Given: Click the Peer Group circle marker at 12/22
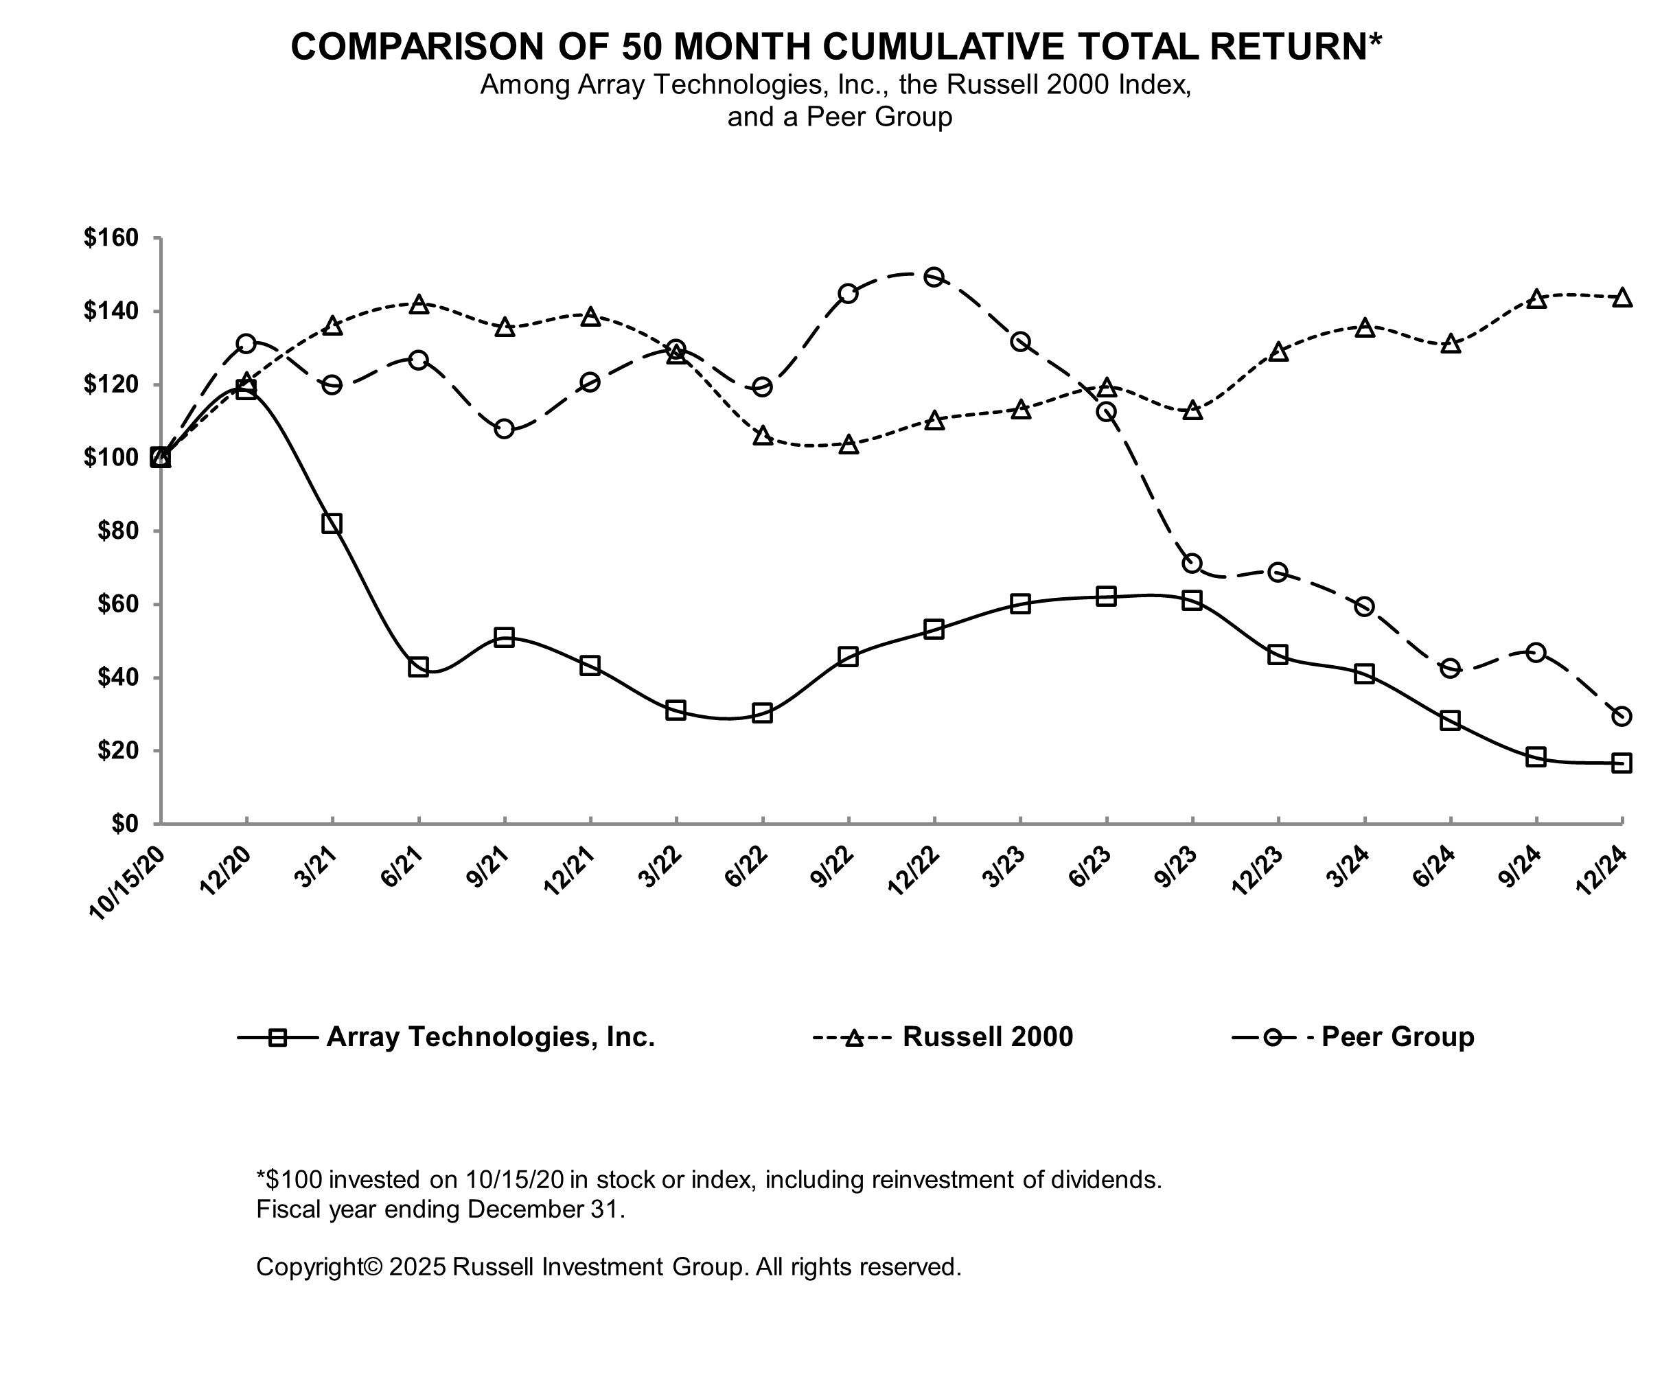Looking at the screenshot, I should point(934,277).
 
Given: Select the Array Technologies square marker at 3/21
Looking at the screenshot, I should point(332,523).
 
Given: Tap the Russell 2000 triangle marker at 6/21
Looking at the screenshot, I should point(418,304).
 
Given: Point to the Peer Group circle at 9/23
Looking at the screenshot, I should point(1192,563).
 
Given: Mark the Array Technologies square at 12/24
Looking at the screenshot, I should point(1622,763).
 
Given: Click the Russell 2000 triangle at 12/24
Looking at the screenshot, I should point(1622,298).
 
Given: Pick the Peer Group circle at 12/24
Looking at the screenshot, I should point(1622,716).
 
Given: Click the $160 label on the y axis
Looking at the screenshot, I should point(111,238).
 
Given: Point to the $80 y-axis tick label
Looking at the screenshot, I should point(117,531).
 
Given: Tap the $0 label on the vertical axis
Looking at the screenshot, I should point(124,824).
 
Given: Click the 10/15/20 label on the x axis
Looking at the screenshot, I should point(128,884).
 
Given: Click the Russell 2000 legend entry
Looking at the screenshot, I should point(987,1037).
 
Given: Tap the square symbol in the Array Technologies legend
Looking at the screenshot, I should point(277,1037).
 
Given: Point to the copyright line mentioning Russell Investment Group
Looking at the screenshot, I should point(609,1266).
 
